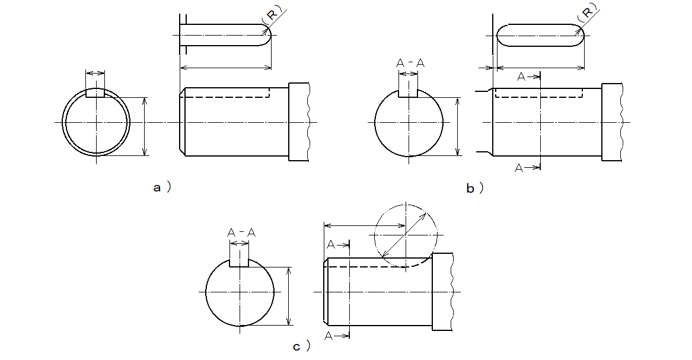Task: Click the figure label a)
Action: click(x=162, y=187)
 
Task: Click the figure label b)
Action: click(x=475, y=189)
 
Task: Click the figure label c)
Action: click(x=302, y=346)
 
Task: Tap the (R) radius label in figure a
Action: click(x=273, y=14)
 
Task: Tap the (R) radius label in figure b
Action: click(x=588, y=12)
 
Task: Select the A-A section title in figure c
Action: click(x=241, y=233)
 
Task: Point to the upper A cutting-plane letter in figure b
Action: click(x=521, y=77)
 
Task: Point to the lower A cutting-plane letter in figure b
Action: click(x=519, y=168)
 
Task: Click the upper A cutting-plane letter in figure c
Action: click(x=331, y=245)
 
